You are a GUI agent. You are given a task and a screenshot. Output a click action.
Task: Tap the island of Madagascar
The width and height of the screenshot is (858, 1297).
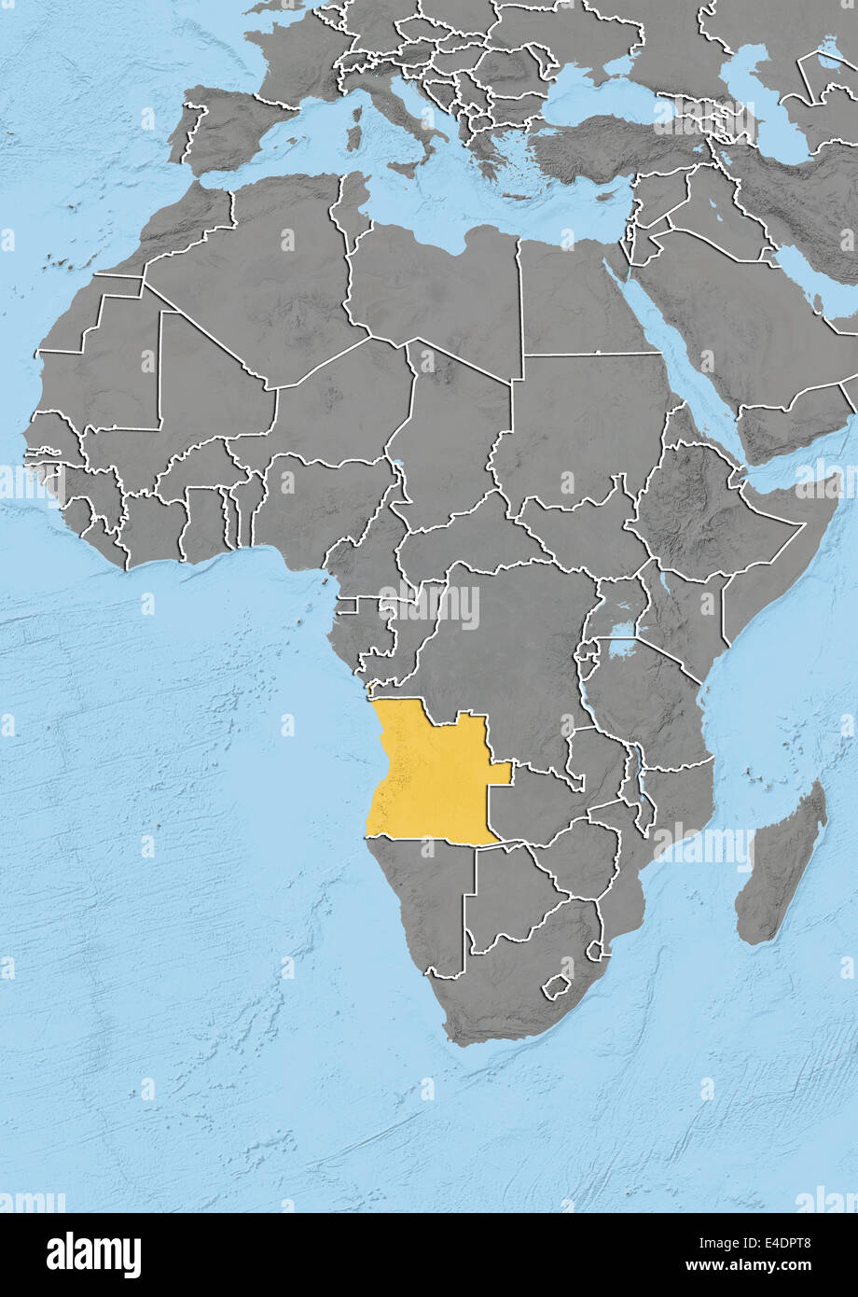[782, 863]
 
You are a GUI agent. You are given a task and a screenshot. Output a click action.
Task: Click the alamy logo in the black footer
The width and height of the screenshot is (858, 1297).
[93, 1255]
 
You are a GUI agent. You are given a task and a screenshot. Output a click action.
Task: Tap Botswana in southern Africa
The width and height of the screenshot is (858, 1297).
[508, 896]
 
